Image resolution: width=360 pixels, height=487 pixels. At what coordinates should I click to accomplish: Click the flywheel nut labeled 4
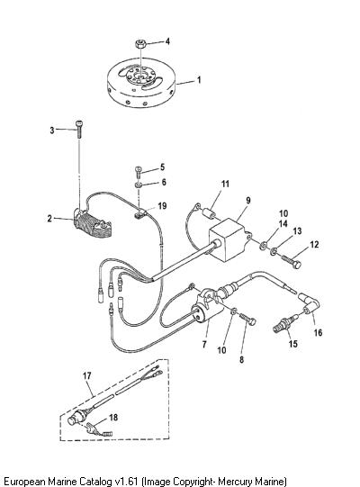(x=140, y=44)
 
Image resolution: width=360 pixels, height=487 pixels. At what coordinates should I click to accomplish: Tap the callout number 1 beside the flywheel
(x=199, y=80)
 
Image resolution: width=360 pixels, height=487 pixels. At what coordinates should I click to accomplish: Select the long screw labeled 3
(x=79, y=130)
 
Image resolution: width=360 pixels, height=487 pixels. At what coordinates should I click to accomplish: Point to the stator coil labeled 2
(x=93, y=224)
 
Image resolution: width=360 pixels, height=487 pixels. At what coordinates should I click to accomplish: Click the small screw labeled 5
(x=139, y=171)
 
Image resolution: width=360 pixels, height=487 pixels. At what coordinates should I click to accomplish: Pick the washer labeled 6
(x=139, y=185)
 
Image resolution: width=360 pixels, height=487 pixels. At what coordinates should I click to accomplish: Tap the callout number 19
(x=162, y=206)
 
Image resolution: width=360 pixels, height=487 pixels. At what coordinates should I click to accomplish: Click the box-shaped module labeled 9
(x=230, y=239)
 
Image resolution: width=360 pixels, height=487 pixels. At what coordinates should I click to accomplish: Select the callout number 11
(x=225, y=184)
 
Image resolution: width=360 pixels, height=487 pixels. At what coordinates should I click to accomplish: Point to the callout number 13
(x=297, y=231)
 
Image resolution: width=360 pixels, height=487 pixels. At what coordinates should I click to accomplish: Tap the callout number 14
(x=283, y=223)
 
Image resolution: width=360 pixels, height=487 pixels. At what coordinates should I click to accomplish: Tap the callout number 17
(x=87, y=375)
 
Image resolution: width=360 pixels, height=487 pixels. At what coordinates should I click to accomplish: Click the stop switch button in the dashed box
(x=74, y=419)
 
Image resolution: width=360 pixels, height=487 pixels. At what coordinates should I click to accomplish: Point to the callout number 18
(x=113, y=417)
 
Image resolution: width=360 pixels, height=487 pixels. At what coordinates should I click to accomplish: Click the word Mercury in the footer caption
(x=235, y=481)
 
